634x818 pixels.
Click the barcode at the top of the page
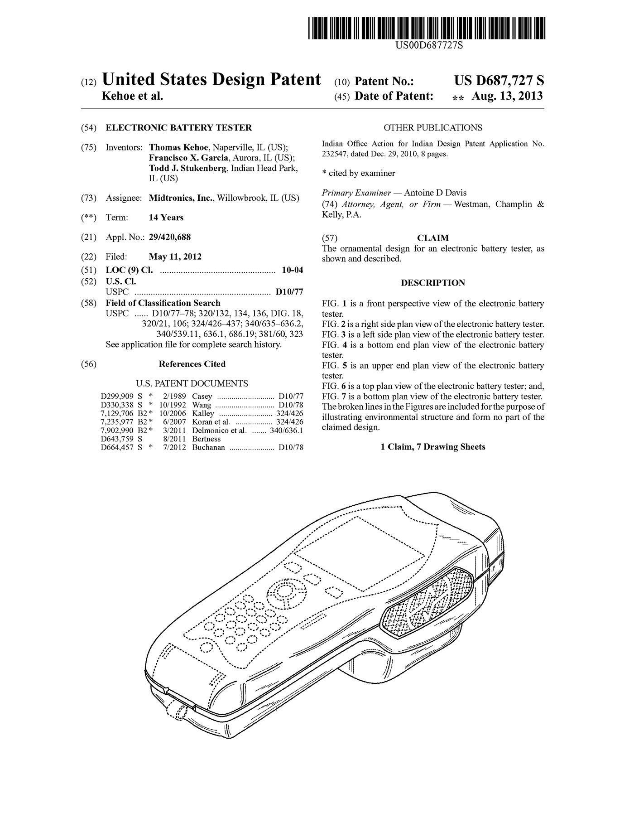(426, 29)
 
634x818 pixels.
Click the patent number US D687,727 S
(499, 81)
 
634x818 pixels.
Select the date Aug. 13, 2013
(507, 96)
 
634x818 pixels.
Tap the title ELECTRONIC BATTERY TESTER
(178, 128)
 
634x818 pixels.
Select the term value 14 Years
(166, 218)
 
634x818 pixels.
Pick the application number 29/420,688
(169, 237)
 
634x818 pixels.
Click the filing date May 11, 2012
(175, 257)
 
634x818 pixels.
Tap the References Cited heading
(192, 364)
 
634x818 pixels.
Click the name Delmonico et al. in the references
(219, 431)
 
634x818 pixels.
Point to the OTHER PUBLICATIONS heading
(432, 128)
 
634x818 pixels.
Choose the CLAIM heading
(433, 238)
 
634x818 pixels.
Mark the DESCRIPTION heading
(433, 283)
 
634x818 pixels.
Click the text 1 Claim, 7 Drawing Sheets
(433, 447)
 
